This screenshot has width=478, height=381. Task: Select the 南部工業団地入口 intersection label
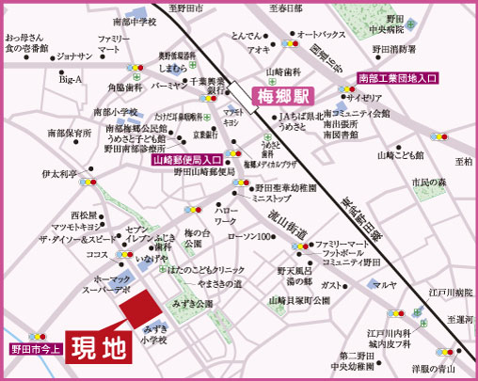398,79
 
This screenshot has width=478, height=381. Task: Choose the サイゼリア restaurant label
368,97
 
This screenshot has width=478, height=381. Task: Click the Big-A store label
72,81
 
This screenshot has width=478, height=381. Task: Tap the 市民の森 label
433,180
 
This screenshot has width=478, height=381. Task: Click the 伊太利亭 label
59,174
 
